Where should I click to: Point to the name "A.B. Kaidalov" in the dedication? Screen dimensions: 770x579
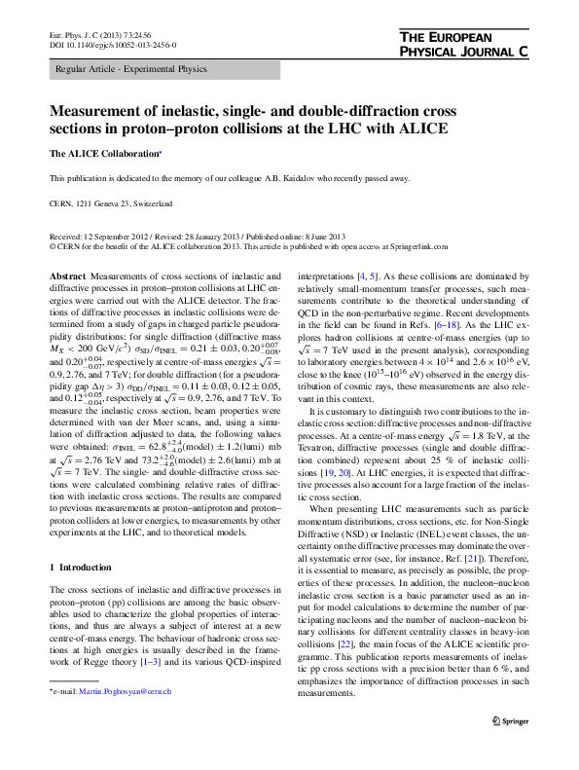coord(325,179)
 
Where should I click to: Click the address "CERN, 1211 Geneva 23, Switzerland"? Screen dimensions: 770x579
coord(111,203)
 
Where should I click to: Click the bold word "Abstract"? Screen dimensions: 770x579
coord(68,277)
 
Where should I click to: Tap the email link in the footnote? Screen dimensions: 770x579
coord(127,746)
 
